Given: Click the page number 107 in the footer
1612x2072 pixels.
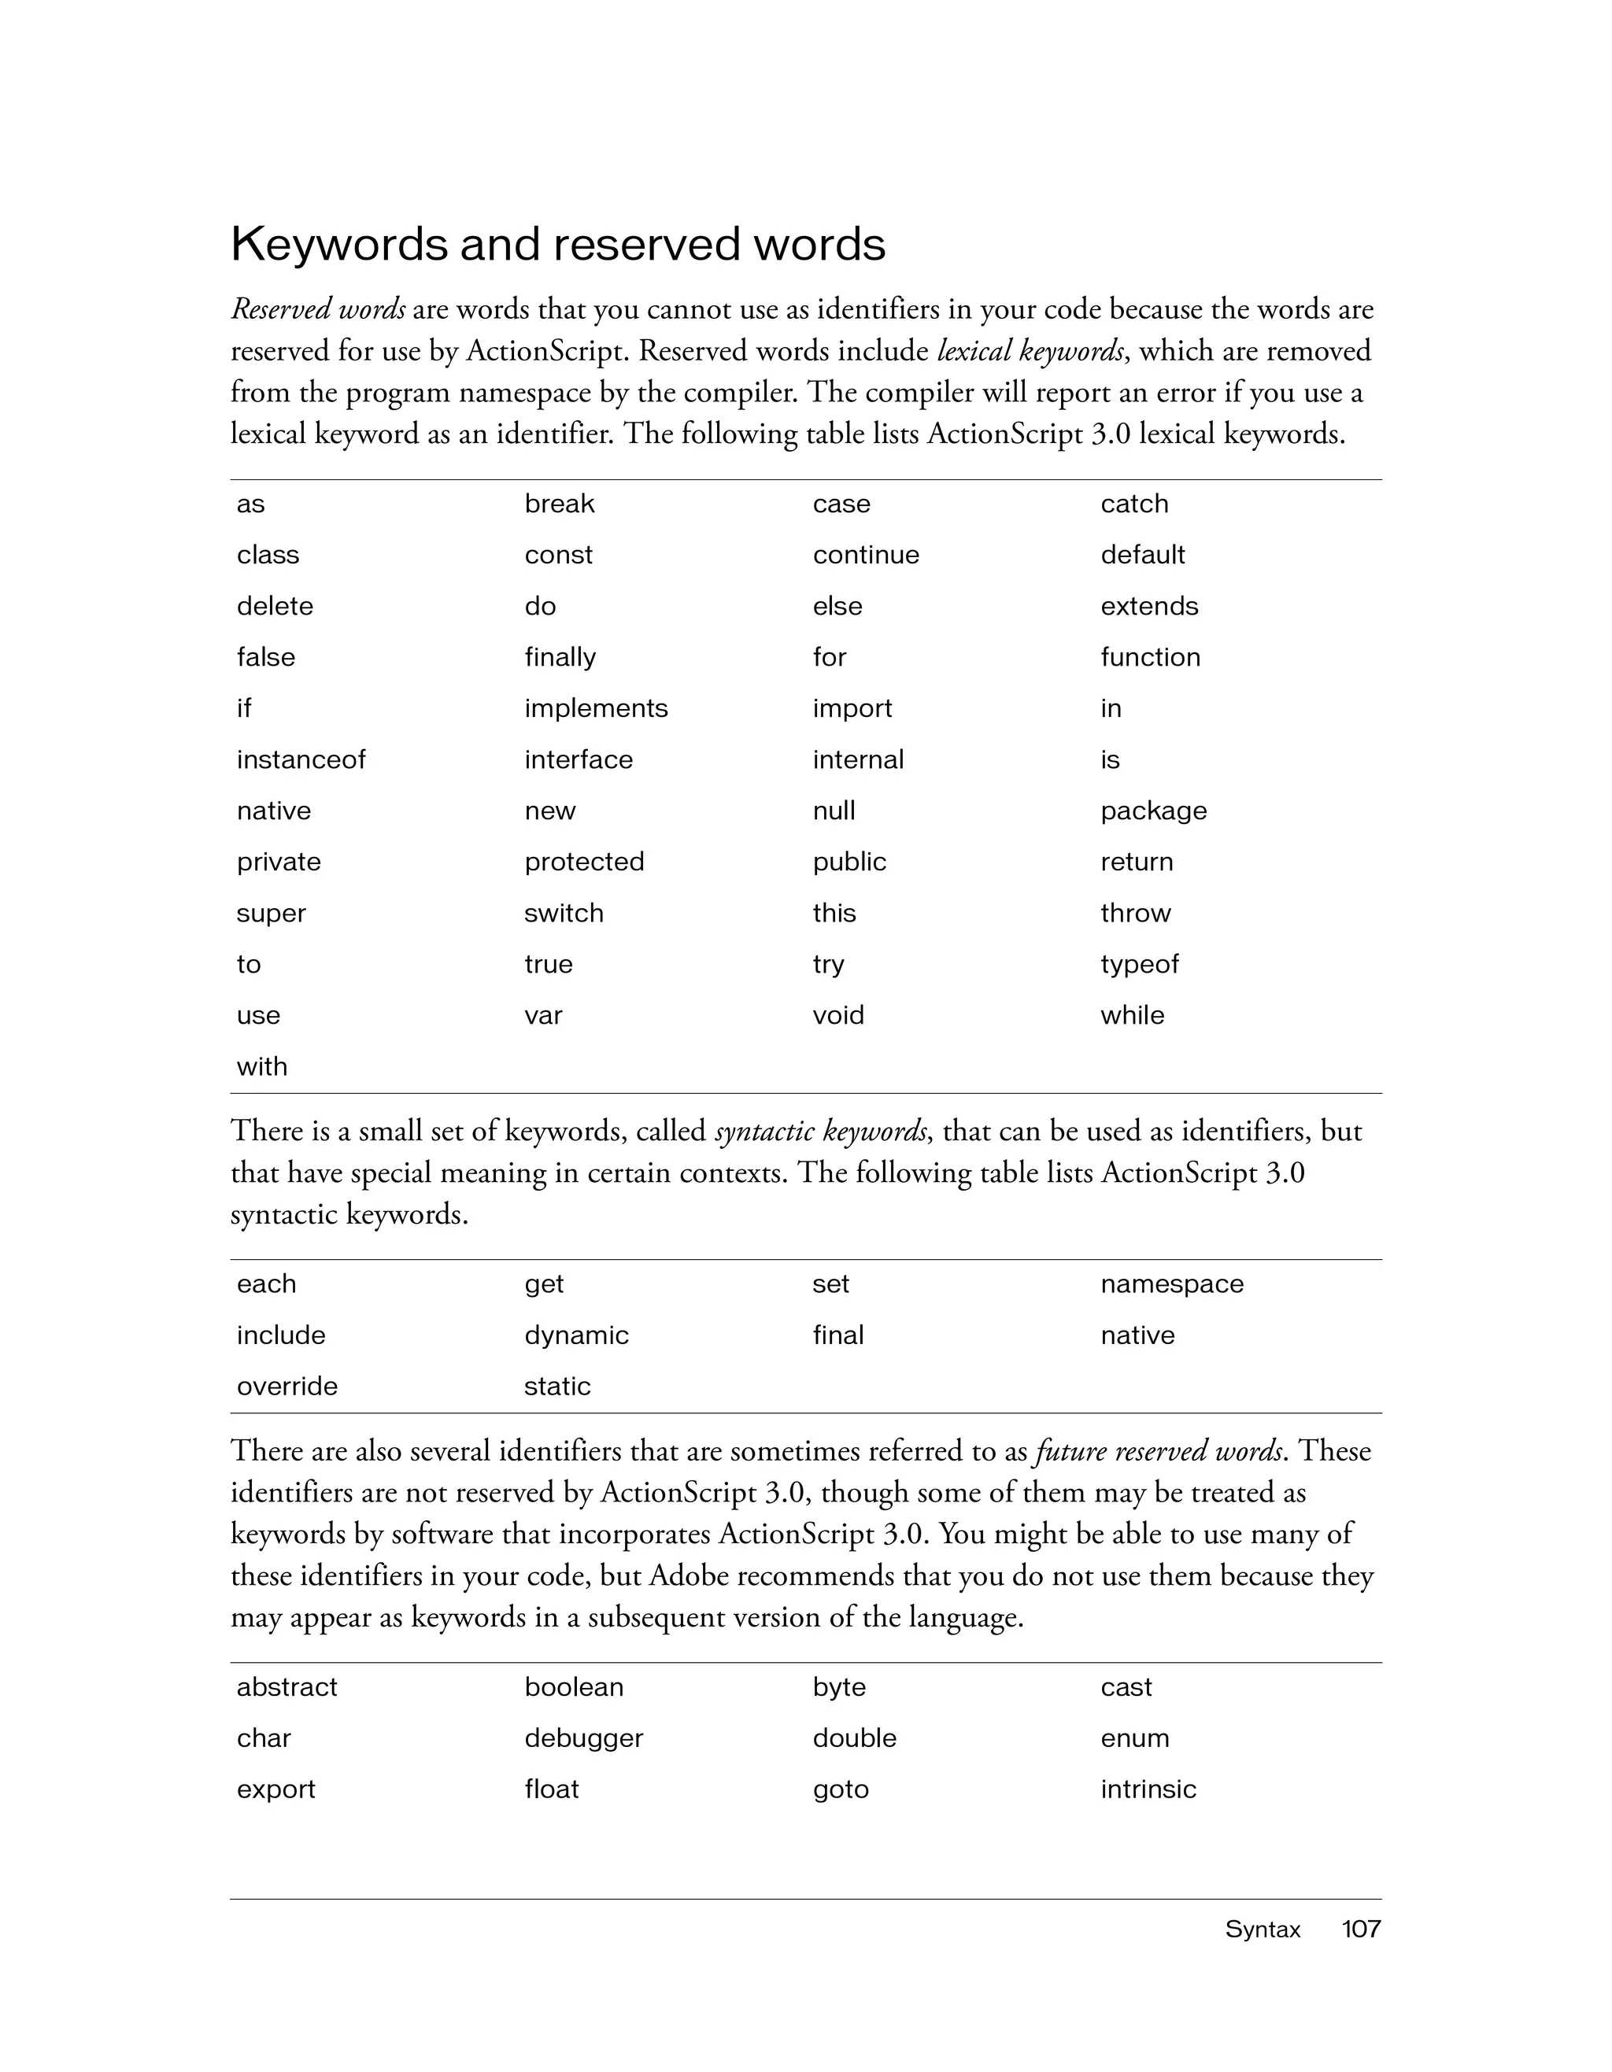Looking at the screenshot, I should [x=1361, y=1929].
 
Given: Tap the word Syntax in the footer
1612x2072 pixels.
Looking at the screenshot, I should [x=1262, y=1929].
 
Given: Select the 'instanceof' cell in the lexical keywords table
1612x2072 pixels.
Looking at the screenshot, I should [x=301, y=760].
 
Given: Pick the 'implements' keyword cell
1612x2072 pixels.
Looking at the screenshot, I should [x=596, y=709].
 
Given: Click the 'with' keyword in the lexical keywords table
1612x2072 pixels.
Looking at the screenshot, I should [x=262, y=1067].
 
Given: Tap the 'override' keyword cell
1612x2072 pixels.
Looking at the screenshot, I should [x=287, y=1387].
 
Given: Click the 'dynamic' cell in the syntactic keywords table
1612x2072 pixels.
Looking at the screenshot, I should [x=576, y=1335].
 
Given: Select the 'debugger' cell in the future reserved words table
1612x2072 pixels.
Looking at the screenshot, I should [x=583, y=1739].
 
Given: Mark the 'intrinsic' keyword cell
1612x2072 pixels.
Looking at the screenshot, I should [x=1148, y=1790].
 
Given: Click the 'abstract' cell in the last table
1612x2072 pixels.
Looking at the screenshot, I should [x=287, y=1688].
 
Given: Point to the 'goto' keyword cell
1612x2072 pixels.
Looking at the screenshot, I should [x=841, y=1790].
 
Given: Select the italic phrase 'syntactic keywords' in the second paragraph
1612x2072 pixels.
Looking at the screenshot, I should [x=822, y=1132].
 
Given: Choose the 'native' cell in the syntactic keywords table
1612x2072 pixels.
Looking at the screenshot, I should [x=1137, y=1335].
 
